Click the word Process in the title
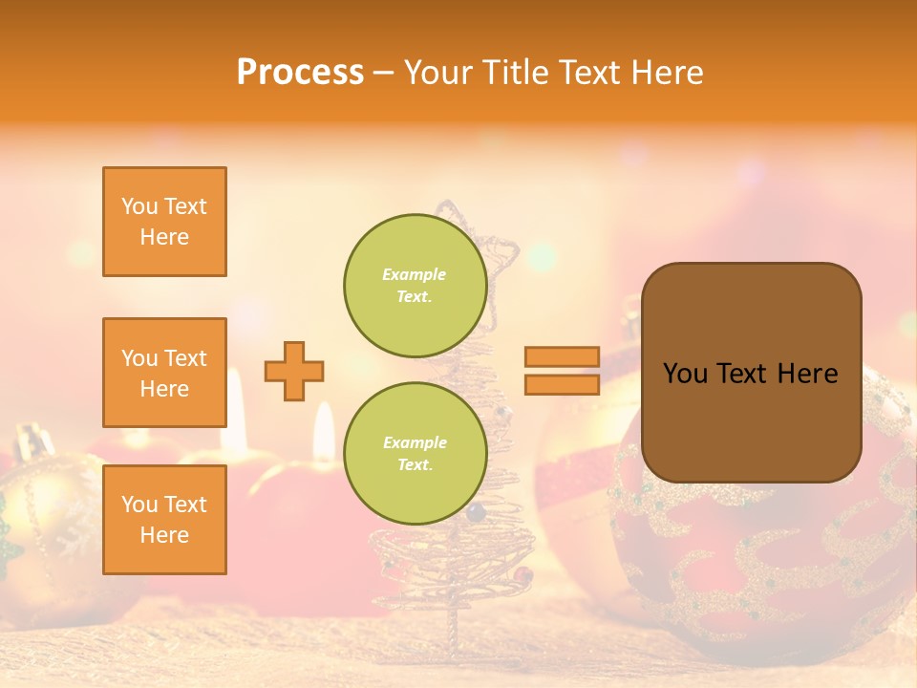click(300, 73)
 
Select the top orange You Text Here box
click(164, 222)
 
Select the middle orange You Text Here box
click(164, 373)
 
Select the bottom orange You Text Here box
click(164, 520)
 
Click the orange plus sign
click(294, 371)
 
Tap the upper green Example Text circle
click(416, 285)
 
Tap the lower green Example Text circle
click(416, 453)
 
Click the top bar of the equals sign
click(562, 356)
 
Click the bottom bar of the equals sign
click(562, 384)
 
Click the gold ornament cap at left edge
click(31, 442)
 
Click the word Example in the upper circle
click(415, 274)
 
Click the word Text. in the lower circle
click(415, 464)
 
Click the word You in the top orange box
click(138, 206)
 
